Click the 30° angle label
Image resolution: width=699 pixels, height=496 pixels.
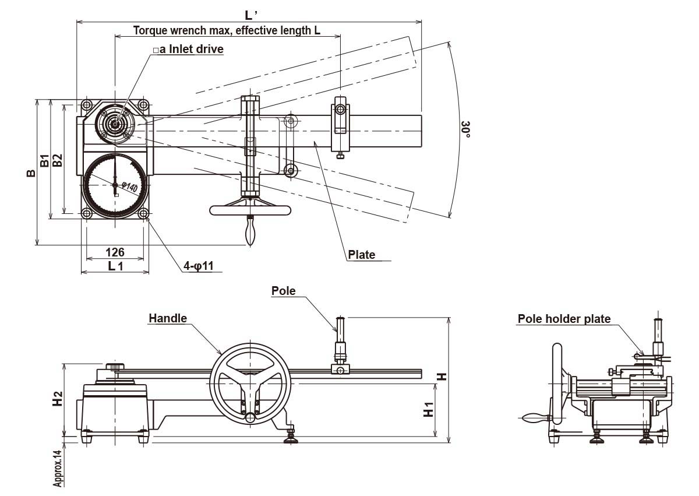465,129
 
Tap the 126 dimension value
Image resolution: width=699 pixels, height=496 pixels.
115,252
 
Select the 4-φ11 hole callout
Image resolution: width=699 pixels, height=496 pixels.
199,266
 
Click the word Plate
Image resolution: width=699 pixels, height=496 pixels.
361,255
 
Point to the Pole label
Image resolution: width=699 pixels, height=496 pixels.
284,291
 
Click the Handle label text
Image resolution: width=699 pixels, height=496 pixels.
168,318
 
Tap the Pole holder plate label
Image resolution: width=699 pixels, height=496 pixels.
564,319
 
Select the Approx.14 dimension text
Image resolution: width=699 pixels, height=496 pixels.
58,468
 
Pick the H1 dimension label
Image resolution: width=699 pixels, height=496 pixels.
428,409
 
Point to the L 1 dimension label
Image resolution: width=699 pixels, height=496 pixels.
115,266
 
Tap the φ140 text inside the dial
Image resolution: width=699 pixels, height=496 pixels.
130,188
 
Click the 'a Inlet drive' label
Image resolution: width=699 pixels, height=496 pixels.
188,50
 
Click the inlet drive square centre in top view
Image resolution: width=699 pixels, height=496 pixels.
115,123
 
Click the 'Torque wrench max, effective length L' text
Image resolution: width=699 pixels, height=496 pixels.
227,30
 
